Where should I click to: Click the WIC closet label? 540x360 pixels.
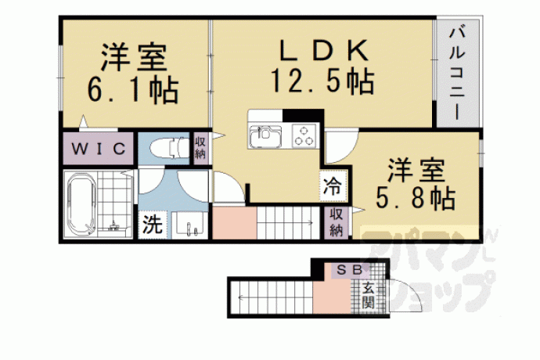(x=98, y=149)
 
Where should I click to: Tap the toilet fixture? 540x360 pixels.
(x=170, y=148)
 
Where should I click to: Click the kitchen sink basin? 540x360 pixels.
(x=265, y=136)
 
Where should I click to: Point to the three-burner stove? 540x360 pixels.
(x=304, y=136)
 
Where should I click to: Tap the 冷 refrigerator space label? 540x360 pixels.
(x=333, y=186)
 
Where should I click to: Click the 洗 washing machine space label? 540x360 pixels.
(x=153, y=225)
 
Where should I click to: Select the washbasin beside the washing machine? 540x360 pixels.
(x=189, y=225)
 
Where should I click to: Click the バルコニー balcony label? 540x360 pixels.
(x=457, y=74)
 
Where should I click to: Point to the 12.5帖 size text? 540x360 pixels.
(x=322, y=81)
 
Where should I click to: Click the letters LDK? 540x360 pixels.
(x=323, y=50)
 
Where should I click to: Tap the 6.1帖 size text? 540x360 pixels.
(x=133, y=91)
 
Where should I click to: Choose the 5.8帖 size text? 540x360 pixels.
(x=416, y=198)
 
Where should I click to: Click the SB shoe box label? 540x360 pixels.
(x=349, y=270)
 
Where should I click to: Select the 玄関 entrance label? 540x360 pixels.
(x=368, y=295)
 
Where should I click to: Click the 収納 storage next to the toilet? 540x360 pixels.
(x=200, y=148)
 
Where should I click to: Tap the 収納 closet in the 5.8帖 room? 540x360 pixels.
(x=337, y=222)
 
